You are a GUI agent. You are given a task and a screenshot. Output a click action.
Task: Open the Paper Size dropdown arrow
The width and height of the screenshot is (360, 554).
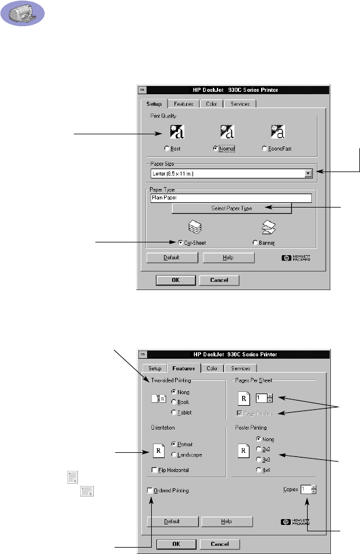coord(308,173)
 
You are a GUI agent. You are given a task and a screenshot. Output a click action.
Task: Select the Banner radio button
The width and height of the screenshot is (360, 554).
coord(255,242)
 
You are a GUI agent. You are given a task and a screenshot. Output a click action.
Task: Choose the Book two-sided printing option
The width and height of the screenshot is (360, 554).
coord(174,402)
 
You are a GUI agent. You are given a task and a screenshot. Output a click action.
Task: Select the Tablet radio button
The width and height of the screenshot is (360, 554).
coord(174,412)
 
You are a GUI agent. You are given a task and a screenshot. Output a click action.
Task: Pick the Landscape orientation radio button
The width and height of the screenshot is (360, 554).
coord(174,455)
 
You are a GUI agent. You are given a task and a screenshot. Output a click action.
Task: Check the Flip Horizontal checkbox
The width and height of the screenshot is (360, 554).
coord(152,470)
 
